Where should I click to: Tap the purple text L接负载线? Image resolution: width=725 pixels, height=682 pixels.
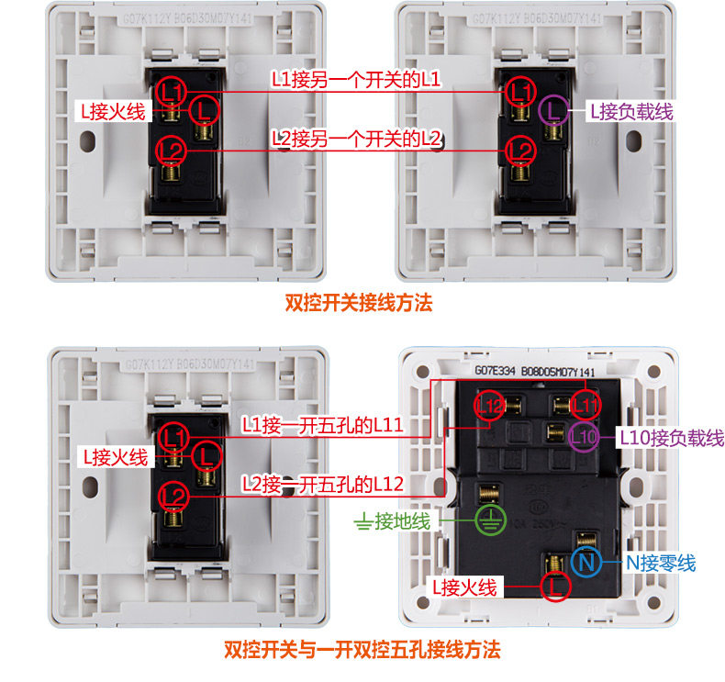(x=631, y=112)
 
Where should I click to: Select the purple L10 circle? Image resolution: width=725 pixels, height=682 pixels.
(x=584, y=437)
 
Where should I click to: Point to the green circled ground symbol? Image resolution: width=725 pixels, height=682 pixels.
(x=489, y=521)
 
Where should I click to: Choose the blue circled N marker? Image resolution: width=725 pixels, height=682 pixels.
(x=586, y=563)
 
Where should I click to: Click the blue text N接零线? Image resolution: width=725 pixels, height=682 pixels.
(x=661, y=563)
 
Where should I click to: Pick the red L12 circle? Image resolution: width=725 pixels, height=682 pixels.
(x=489, y=403)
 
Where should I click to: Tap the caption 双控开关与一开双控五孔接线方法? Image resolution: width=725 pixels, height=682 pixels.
(x=362, y=651)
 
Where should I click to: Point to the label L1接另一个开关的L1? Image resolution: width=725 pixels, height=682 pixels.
(x=356, y=80)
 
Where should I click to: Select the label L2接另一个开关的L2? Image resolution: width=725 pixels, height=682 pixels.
(x=357, y=139)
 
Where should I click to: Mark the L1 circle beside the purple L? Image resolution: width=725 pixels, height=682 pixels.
(x=520, y=91)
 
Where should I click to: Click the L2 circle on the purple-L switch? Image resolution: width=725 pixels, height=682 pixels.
(x=520, y=149)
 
